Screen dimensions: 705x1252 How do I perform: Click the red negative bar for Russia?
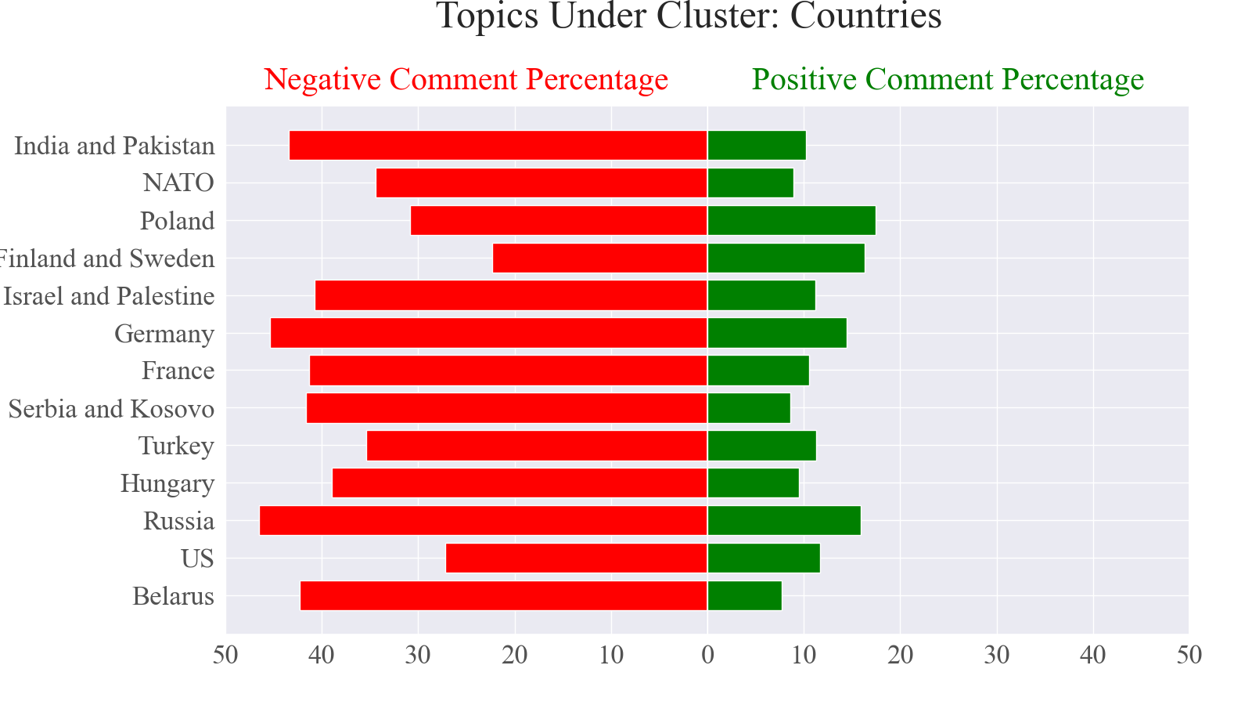(x=483, y=521)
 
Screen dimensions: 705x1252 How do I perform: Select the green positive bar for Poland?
(x=791, y=221)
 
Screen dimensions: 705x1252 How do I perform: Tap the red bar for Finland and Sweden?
(x=599, y=258)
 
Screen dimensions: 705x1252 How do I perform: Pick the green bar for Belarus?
(x=744, y=596)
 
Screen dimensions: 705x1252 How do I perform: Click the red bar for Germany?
(x=488, y=334)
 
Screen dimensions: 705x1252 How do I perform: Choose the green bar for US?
(x=763, y=559)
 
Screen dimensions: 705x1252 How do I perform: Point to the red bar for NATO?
(x=541, y=183)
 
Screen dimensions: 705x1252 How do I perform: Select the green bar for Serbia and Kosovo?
(x=748, y=408)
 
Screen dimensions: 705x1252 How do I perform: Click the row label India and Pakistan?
(x=114, y=146)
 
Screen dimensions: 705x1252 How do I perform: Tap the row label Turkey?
(x=176, y=446)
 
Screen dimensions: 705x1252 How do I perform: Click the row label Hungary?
(x=167, y=484)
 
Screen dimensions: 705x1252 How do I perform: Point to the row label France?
(x=178, y=371)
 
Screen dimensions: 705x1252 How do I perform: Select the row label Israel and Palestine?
(x=109, y=296)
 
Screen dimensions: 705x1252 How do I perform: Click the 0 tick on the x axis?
(x=707, y=655)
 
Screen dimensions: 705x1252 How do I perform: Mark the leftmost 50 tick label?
(x=226, y=655)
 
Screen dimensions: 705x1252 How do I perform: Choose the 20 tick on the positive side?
(x=901, y=655)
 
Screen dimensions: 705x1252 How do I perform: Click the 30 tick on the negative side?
(x=419, y=655)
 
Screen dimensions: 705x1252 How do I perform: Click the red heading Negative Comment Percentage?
(x=466, y=80)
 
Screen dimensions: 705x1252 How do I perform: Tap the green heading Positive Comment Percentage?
(x=948, y=80)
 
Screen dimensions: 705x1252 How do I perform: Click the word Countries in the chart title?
(x=865, y=17)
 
